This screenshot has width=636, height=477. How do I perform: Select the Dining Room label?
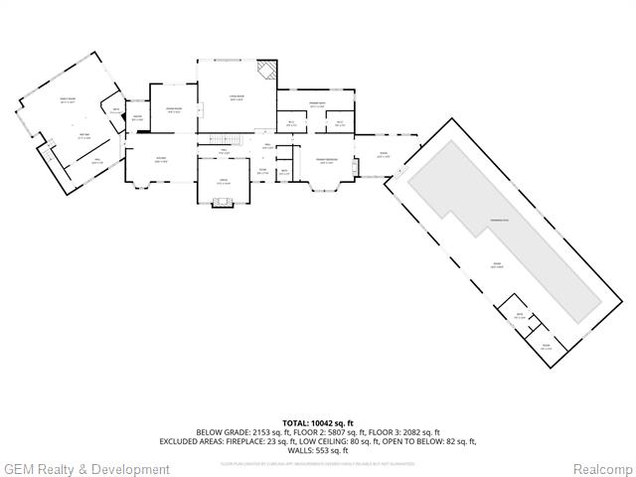(173, 110)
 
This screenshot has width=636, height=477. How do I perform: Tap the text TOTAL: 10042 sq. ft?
(317, 423)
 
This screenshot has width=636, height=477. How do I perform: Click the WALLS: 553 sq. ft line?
(317, 450)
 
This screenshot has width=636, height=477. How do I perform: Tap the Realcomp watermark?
(601, 469)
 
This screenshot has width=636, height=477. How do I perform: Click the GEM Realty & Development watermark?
(86, 469)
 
